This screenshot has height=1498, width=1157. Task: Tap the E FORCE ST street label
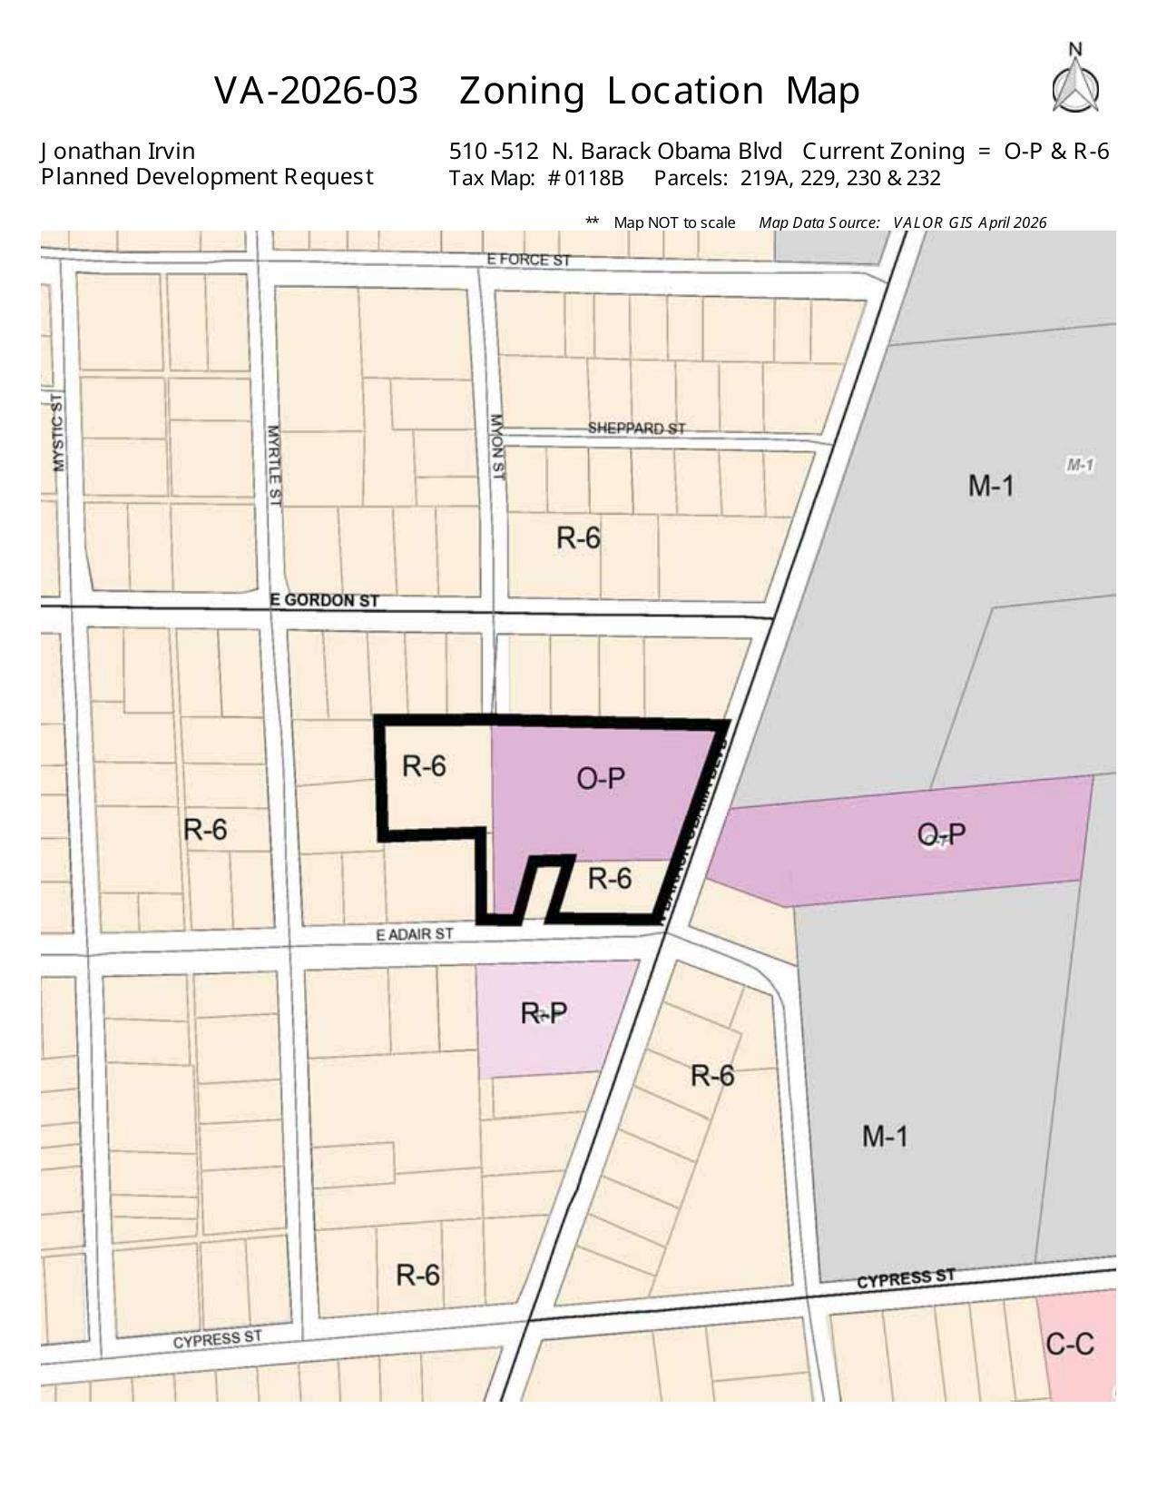(529, 260)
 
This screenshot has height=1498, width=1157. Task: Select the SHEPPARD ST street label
(636, 428)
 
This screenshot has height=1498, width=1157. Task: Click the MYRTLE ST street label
(275, 464)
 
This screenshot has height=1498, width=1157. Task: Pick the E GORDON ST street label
(324, 601)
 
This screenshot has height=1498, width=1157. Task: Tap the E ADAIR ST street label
(414, 934)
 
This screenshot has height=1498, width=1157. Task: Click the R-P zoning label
(544, 1013)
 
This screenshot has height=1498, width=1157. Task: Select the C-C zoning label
(1070, 1344)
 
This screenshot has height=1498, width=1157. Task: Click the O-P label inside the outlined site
(601, 779)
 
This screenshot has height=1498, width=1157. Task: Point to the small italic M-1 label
(1080, 465)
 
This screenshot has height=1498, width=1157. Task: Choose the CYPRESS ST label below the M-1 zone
(906, 1278)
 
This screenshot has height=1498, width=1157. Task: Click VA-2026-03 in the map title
(317, 91)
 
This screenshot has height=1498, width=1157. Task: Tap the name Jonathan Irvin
(118, 151)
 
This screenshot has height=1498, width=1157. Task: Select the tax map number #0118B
(585, 178)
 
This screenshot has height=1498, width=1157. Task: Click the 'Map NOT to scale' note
(673, 222)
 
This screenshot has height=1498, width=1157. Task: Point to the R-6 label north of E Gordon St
(578, 538)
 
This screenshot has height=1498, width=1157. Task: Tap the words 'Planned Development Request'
(207, 176)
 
